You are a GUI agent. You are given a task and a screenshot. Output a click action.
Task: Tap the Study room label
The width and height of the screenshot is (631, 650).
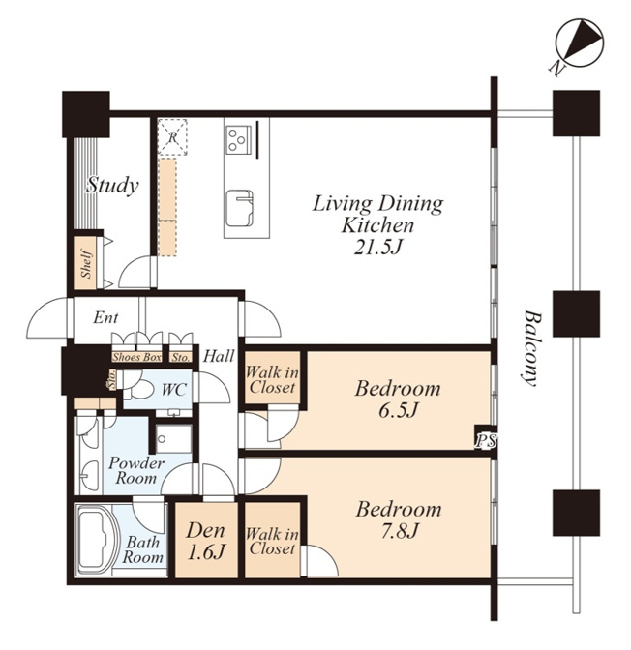tap(112, 186)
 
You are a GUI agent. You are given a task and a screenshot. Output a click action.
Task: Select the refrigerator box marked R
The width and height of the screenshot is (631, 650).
tap(172, 137)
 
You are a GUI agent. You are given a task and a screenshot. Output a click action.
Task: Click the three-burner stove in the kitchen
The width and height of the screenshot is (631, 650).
tap(238, 139)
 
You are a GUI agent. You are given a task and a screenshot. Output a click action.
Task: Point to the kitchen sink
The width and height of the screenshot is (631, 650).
tap(239, 208)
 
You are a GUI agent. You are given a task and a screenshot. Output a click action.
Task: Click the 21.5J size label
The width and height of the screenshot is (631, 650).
tap(377, 247)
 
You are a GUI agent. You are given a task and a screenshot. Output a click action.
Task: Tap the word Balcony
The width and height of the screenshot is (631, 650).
tap(532, 347)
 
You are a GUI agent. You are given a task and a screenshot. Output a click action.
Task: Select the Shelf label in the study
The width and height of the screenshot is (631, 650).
tap(86, 263)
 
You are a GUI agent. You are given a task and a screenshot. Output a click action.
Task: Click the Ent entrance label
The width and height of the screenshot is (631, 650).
tap(105, 317)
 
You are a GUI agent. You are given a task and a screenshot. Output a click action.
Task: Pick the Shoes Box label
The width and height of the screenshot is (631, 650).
tap(136, 357)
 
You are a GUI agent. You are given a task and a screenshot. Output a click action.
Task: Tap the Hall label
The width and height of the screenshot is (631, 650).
tap(219, 356)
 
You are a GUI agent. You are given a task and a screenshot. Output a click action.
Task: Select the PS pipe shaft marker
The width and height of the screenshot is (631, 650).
tap(485, 440)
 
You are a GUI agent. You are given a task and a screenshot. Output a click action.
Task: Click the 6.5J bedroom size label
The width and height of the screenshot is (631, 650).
tap(398, 410)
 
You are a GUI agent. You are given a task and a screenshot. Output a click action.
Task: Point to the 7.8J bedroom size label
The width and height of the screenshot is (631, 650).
tap(399, 531)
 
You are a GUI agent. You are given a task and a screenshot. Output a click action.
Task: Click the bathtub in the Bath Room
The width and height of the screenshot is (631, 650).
tap(96, 540)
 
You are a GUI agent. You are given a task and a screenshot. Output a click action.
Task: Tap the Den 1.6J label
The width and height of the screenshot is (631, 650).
tap(206, 541)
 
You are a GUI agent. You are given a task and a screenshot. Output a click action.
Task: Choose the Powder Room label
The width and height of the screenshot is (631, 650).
tap(136, 470)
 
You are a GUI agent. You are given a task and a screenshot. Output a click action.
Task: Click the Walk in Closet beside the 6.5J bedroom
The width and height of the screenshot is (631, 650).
tap(272, 380)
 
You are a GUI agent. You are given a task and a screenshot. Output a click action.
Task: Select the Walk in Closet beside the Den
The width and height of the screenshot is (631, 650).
tap(272, 541)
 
